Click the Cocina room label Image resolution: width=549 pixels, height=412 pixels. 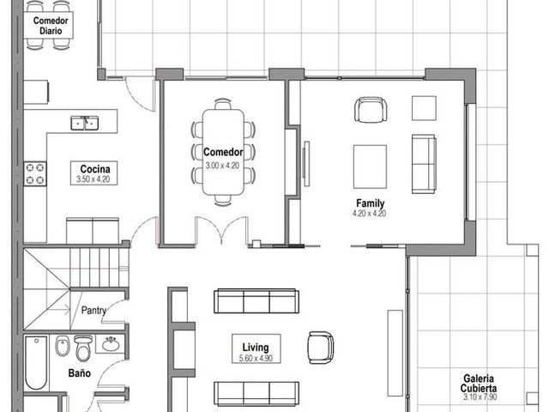(x=95, y=169)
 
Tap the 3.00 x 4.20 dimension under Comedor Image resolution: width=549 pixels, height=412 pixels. (x=222, y=166)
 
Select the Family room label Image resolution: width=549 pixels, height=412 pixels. (x=370, y=203)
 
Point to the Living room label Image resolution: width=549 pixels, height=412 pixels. (x=256, y=347)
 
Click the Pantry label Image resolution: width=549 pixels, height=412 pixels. (x=94, y=311)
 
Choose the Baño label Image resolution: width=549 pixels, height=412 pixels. (x=80, y=373)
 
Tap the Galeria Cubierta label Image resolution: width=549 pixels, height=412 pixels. (x=479, y=383)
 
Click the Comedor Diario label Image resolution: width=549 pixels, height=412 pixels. (x=51, y=26)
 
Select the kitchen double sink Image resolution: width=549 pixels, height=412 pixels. (x=84, y=123)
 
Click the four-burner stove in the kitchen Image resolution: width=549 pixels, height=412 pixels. (x=35, y=173)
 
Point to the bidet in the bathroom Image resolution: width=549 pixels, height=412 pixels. (x=63, y=346)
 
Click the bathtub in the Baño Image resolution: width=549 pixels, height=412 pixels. (x=36, y=363)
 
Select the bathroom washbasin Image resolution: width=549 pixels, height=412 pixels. (x=111, y=344)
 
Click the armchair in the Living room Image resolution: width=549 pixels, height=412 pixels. (x=320, y=348)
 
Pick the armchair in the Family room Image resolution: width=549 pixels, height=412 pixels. (x=371, y=110)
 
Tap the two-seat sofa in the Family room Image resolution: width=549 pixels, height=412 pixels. (x=424, y=164)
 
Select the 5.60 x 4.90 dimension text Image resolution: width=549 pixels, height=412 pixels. (x=256, y=358)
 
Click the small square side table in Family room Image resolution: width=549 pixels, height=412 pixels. (x=424, y=108)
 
